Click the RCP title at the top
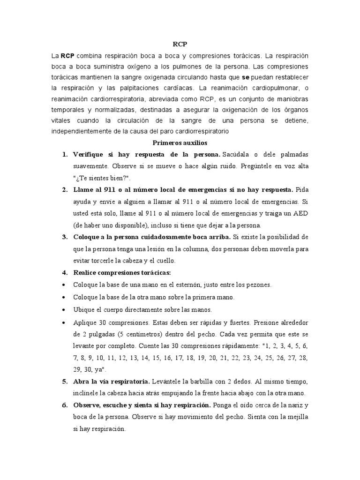[180, 44]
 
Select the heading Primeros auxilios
[180, 142]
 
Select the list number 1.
[64, 154]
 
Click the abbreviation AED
[299, 213]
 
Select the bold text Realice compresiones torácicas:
[122, 272]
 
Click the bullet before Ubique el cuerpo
[64, 310]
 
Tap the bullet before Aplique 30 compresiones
[64, 323]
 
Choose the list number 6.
[64, 405]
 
